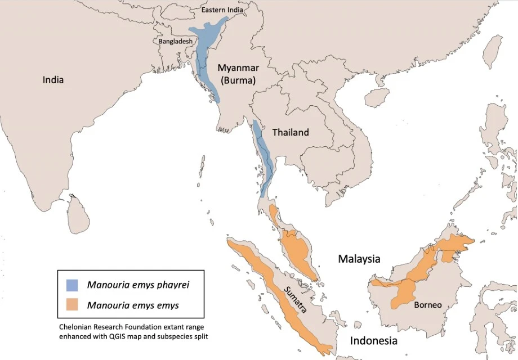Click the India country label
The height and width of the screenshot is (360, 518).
(x=53, y=80)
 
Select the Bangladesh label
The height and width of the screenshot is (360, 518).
(x=175, y=41)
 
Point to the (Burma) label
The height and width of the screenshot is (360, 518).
(x=239, y=80)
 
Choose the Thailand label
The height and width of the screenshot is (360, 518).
(x=291, y=133)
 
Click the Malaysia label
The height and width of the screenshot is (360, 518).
(x=359, y=259)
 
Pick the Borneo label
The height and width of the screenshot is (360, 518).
(x=427, y=305)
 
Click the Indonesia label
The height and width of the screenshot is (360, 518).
(x=374, y=341)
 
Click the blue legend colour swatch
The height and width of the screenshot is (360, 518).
(x=72, y=285)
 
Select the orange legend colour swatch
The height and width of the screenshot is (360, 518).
(x=72, y=305)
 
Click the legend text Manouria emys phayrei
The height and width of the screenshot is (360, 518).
(x=138, y=285)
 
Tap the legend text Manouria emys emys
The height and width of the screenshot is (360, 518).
(x=133, y=305)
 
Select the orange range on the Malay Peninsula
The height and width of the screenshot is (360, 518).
(x=296, y=247)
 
